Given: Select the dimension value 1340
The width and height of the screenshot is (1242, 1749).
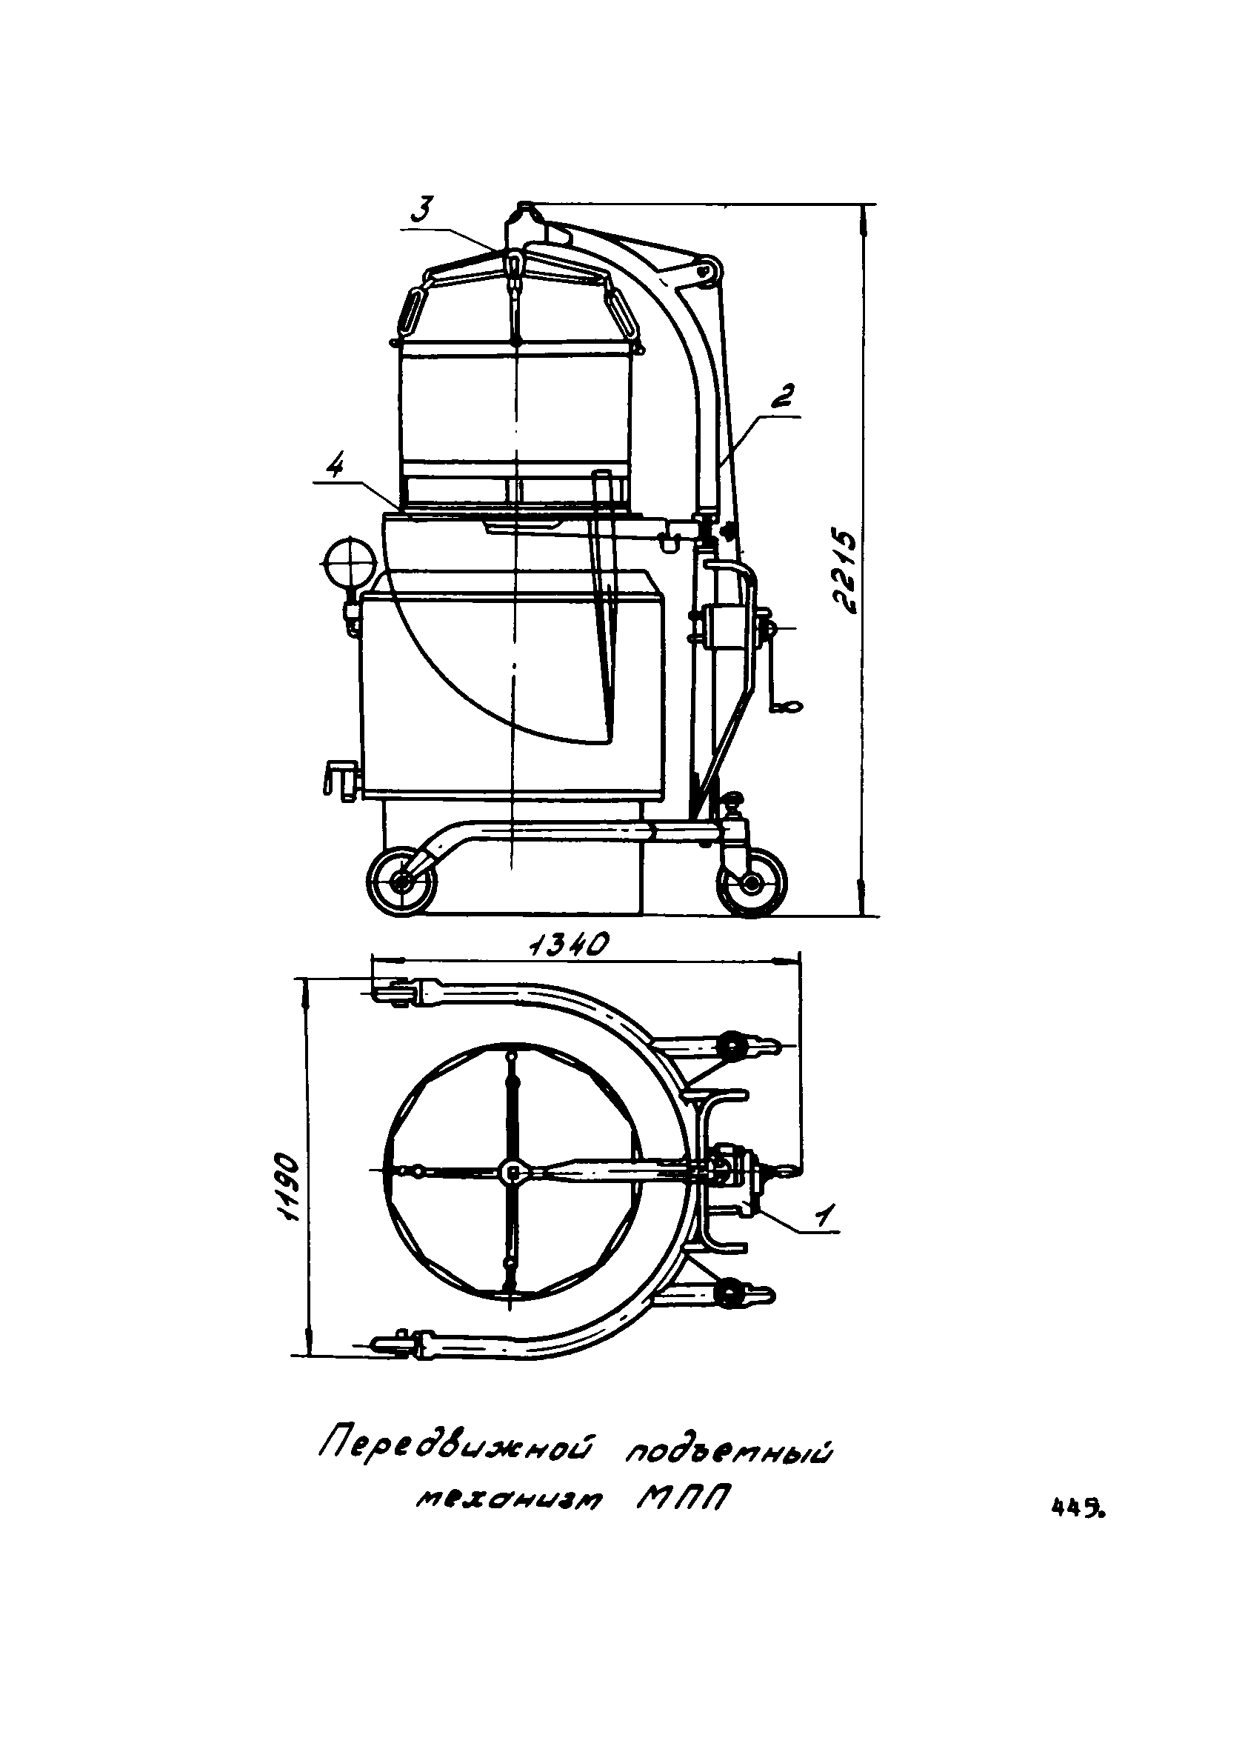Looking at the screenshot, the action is [x=567, y=946].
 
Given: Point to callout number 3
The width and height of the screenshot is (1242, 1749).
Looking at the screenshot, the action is [x=424, y=209].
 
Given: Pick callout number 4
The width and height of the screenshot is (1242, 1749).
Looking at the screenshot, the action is [x=335, y=466].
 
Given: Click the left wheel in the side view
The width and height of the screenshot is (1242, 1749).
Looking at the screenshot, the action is [x=401, y=882].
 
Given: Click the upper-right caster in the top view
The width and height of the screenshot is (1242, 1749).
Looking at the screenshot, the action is [x=736, y=1045].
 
